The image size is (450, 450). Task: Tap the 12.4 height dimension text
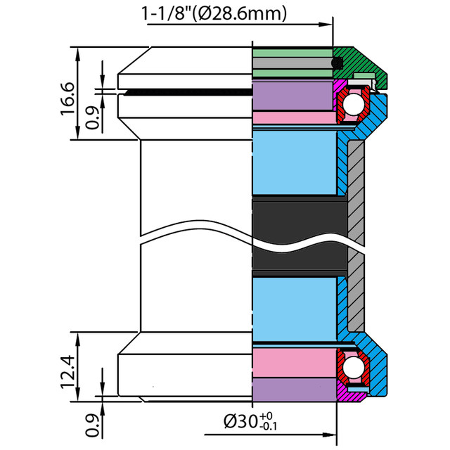point(67,371)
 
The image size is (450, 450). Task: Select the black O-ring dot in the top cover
point(337,63)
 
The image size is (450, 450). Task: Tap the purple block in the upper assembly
point(292,95)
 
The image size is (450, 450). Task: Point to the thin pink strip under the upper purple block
point(292,117)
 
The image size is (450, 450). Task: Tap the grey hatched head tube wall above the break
point(356,176)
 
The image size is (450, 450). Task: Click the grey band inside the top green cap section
point(292,63)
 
